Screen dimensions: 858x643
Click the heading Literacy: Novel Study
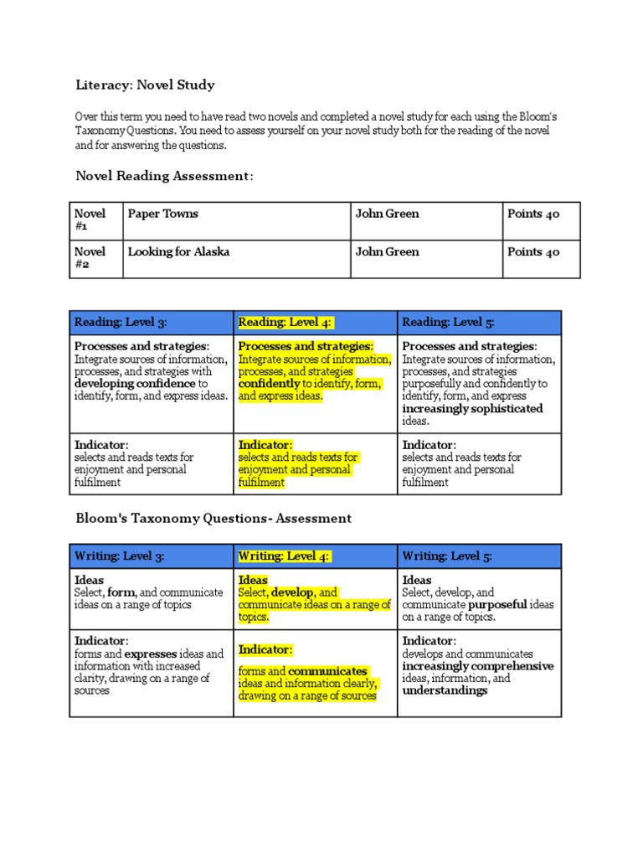145,85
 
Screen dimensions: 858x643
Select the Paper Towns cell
162,214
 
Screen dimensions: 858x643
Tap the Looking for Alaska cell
178,251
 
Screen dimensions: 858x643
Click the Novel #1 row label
90,220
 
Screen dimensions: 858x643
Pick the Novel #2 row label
90,258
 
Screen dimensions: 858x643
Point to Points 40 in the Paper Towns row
533,214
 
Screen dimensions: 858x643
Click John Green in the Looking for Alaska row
387,251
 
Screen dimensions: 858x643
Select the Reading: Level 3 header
121,322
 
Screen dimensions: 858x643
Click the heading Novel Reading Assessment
164,175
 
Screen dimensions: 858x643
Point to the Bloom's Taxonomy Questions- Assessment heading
213,519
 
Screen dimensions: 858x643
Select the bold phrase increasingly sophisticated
472,409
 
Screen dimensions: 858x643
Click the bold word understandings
445,690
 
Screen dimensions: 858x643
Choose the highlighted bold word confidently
269,384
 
